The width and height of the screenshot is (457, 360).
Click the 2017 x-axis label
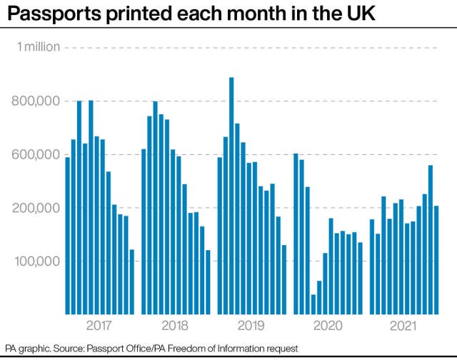(x=99, y=326)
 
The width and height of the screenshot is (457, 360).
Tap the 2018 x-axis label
(x=175, y=326)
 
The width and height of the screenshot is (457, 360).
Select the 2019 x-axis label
(x=251, y=326)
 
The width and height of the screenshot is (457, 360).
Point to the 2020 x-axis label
(x=328, y=326)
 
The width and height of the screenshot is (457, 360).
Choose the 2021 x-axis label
(x=403, y=326)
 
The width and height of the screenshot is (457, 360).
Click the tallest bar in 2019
(x=231, y=196)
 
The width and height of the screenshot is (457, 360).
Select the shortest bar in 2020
(x=313, y=304)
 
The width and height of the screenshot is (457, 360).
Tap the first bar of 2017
(x=67, y=236)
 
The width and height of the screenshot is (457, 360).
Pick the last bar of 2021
(x=436, y=260)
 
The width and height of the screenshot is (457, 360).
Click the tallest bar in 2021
(x=430, y=240)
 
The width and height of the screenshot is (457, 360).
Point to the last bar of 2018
(x=208, y=282)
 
